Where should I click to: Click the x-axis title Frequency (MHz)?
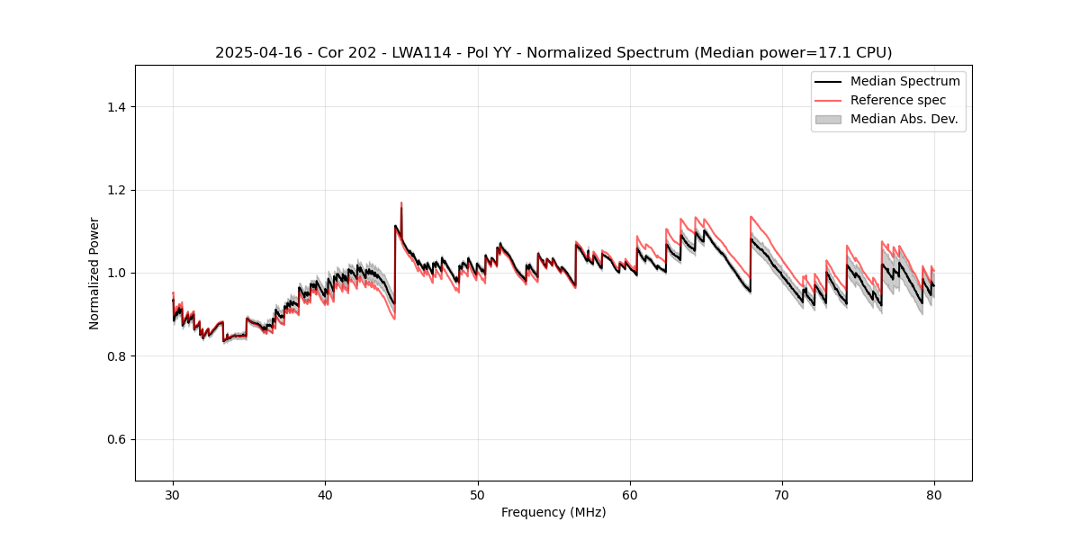pyautogui.click(x=553, y=512)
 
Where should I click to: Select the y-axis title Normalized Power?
pyautogui.click(x=94, y=273)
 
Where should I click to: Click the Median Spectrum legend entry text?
pyautogui.click(x=904, y=81)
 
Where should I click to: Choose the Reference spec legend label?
pyautogui.click(x=898, y=100)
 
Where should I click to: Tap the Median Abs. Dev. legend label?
pyautogui.click(x=904, y=119)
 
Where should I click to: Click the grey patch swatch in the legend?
pyautogui.click(x=828, y=119)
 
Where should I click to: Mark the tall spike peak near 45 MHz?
pyautogui.click(x=401, y=203)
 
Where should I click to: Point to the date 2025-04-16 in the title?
pyautogui.click(x=256, y=53)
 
